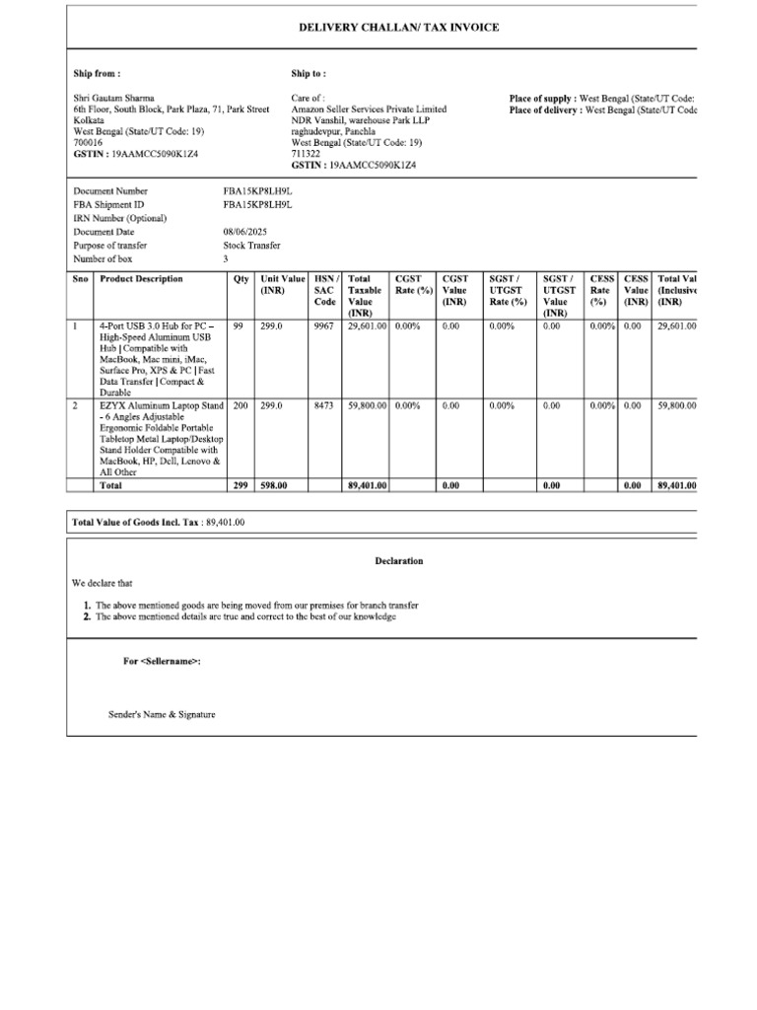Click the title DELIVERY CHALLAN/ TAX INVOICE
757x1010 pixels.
(399, 28)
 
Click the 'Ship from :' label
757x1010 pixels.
(98, 74)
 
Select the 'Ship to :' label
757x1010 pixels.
(309, 74)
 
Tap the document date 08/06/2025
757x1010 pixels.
(245, 232)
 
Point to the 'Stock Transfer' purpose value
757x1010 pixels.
(252, 246)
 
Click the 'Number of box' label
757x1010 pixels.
(103, 259)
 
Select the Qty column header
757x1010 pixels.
(241, 279)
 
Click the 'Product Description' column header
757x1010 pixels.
(142, 279)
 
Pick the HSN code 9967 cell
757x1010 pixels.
(323, 325)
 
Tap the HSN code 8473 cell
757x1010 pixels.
(323, 405)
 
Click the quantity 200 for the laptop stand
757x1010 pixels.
(241, 405)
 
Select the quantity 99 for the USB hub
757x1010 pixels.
(239, 325)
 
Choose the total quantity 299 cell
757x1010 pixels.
(241, 485)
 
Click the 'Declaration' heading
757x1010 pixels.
(399, 561)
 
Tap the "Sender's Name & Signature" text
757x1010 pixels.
(162, 714)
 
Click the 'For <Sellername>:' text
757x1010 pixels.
(162, 661)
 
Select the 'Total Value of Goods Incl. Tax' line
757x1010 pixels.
(159, 521)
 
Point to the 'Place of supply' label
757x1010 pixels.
(542, 98)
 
